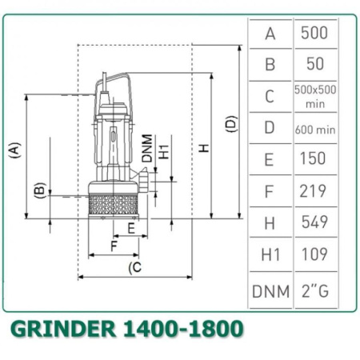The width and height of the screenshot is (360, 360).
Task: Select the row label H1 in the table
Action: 270,254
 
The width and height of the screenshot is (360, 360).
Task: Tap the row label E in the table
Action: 270,159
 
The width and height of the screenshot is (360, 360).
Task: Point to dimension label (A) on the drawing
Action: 14,150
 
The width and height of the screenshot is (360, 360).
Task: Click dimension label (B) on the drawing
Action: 38,190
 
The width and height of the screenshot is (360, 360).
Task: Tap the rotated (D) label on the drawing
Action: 231,124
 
